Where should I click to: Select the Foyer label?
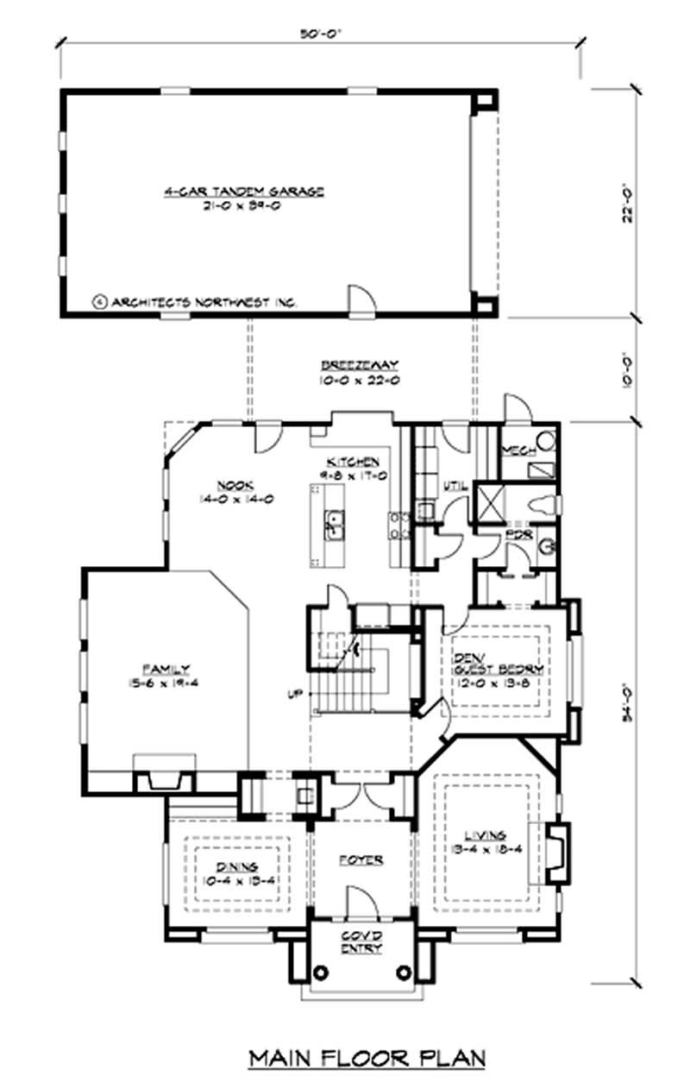click(x=361, y=860)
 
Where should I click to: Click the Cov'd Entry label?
click(x=361, y=943)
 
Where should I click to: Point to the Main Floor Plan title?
click(x=367, y=1057)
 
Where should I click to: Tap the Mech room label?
click(x=517, y=450)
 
